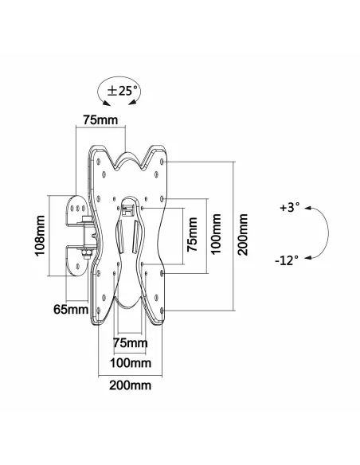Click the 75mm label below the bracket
click(x=130, y=343)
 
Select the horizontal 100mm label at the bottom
click(x=130, y=363)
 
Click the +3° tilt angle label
click(x=291, y=208)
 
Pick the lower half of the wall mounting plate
click(x=80, y=256)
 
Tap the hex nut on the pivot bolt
click(x=82, y=255)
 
